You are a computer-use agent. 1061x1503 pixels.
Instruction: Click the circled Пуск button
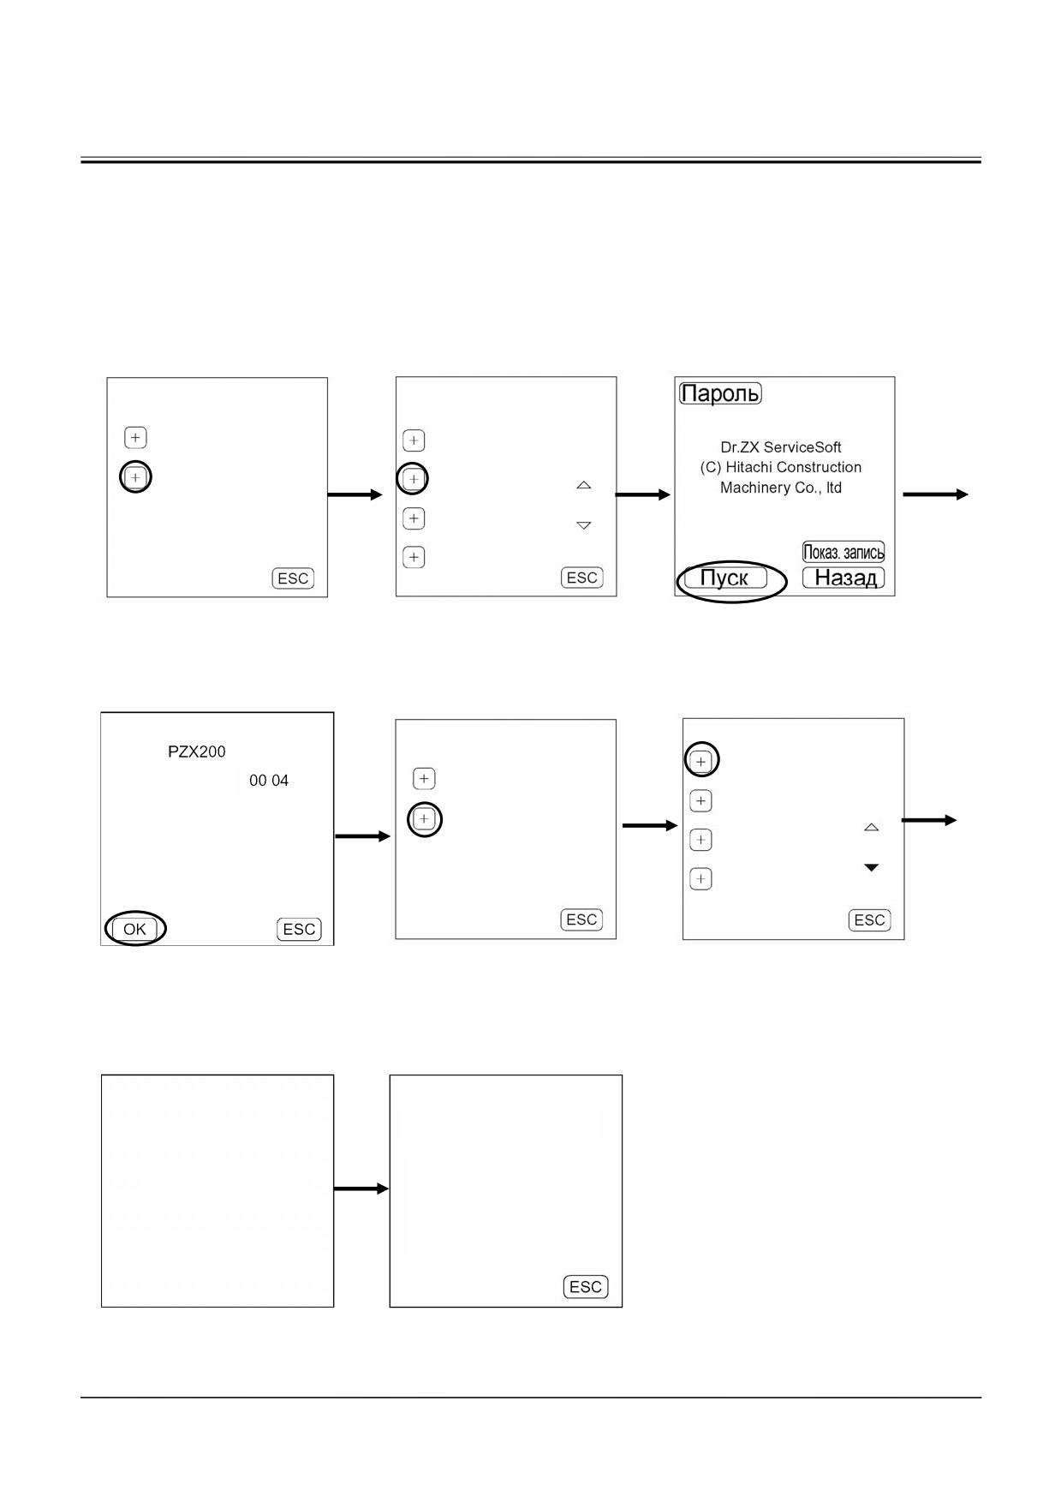pos(725,578)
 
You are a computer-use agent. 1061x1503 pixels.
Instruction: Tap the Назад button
pos(843,578)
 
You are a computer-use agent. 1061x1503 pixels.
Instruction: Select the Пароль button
pos(720,393)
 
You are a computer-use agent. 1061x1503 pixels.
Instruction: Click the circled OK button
pos(134,929)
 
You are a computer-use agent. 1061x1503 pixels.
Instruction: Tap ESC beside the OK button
pos(299,929)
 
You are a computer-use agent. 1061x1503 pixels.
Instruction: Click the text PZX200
pos(197,751)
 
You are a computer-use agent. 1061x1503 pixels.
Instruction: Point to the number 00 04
pos(269,781)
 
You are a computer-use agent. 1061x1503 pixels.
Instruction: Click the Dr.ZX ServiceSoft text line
pos(781,447)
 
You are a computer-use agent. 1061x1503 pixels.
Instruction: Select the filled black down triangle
pos(872,868)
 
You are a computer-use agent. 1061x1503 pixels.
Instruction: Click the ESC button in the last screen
pos(586,1287)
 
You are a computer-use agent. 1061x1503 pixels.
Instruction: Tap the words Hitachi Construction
pos(794,467)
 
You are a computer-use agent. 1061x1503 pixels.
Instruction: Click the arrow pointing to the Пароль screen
pos(643,494)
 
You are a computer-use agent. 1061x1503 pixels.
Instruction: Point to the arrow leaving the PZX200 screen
pos(362,836)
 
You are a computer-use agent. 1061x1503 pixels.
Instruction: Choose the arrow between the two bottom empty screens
pos(361,1189)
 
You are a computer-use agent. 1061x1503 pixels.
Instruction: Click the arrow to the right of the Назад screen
pos(936,494)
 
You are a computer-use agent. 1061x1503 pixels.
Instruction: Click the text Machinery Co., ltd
pos(781,488)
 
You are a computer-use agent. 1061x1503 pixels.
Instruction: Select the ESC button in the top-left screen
pos(293,578)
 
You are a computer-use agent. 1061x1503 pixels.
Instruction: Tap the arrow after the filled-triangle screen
pos(929,820)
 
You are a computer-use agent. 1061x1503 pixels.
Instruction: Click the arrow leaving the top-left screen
pos(355,494)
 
